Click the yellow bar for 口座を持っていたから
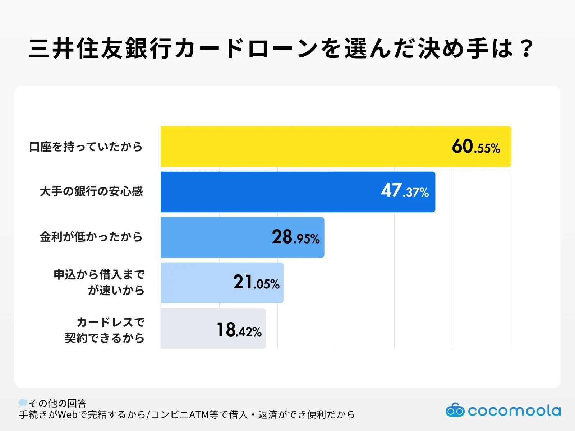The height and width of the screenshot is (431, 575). click(x=305, y=146)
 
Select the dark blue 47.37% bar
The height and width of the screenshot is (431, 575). click(x=270, y=192)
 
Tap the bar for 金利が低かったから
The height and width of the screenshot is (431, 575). click(x=216, y=237)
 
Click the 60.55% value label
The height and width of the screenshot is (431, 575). click(x=476, y=147)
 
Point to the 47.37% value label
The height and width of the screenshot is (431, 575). click(x=405, y=191)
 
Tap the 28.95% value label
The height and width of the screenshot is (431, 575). click(x=295, y=237)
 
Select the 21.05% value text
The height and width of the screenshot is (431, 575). click(x=256, y=283)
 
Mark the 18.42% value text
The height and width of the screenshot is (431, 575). click(x=239, y=330)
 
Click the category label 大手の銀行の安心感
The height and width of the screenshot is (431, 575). click(x=91, y=191)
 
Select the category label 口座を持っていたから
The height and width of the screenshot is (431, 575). click(x=86, y=147)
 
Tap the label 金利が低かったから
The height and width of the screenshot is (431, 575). click(x=91, y=237)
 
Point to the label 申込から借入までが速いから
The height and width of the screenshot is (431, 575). click(x=99, y=282)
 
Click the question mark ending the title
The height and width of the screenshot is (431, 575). click(x=527, y=48)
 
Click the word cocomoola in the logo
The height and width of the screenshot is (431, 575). click(x=514, y=411)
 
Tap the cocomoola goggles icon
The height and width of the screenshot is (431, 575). click(x=455, y=410)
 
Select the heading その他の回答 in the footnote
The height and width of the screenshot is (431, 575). click(x=58, y=403)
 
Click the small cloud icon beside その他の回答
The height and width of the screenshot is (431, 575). click(x=23, y=403)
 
